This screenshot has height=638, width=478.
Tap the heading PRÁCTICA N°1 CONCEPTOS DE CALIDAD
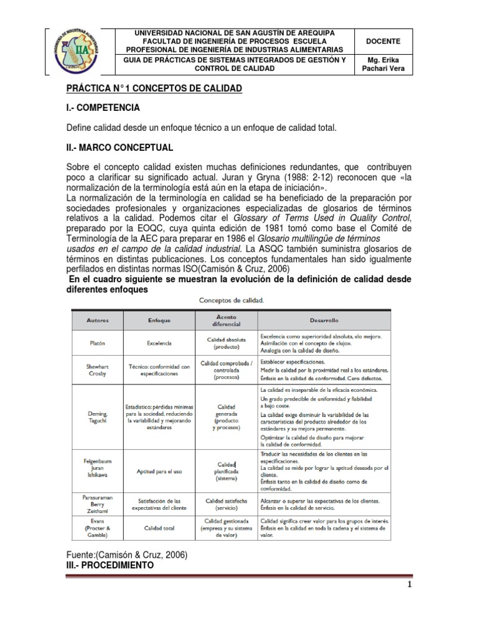tap(153, 89)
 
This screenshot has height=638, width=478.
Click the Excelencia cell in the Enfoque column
tap(159, 343)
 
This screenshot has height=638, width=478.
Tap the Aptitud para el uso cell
tap(159, 471)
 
